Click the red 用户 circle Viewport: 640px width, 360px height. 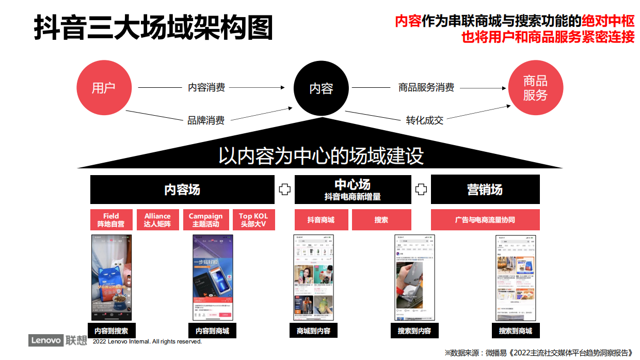click(x=103, y=88)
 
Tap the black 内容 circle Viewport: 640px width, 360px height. click(x=321, y=88)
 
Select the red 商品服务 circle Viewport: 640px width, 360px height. click(x=535, y=88)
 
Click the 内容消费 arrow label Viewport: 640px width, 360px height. click(x=206, y=87)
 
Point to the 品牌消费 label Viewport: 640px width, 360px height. click(x=205, y=120)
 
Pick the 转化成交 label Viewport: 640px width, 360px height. click(x=424, y=120)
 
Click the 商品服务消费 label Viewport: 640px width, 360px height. click(x=426, y=87)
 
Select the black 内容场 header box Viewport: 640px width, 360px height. click(x=182, y=190)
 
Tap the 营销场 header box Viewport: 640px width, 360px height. click(x=485, y=190)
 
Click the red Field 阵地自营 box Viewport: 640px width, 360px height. click(x=110, y=220)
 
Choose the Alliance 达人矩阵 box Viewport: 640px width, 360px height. click(x=157, y=220)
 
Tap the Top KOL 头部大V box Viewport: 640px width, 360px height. click(x=253, y=220)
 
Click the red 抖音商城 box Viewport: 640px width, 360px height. click(x=321, y=220)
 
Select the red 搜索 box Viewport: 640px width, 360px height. click(x=381, y=220)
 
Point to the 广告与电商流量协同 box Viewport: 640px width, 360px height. click(x=485, y=220)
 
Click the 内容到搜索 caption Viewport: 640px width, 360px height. click(x=111, y=331)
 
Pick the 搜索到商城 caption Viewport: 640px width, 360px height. click(x=515, y=331)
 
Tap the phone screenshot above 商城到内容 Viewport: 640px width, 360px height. click(x=313, y=277)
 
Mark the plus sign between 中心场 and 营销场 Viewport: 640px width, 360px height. click(x=421, y=190)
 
